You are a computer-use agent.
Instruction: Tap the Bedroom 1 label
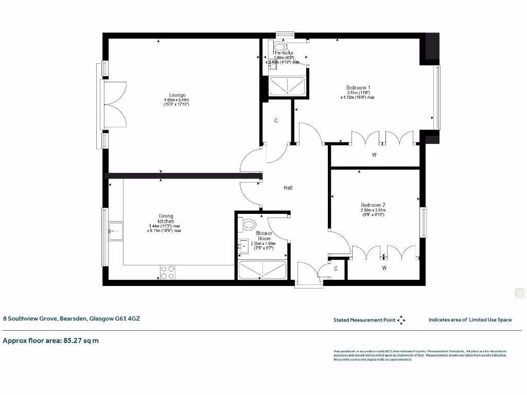tap(358, 87)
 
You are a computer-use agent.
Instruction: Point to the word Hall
tap(288, 188)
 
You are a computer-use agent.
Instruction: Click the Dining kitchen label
tap(166, 219)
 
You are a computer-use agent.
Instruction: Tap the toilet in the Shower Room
tap(249, 224)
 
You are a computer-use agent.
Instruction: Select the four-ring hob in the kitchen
tap(167, 272)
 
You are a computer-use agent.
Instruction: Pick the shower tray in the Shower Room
tap(262, 270)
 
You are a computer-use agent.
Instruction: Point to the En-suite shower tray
tap(288, 86)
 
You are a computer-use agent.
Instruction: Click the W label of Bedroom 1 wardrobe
tap(374, 155)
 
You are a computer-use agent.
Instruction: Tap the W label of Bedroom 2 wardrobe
tap(384, 268)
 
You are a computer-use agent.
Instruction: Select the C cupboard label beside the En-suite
tap(276, 121)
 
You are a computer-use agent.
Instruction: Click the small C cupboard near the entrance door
tap(336, 268)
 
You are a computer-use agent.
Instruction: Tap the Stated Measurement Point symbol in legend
tap(401, 320)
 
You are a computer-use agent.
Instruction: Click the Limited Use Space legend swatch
tap(520, 293)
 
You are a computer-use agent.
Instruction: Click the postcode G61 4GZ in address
tap(127, 319)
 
